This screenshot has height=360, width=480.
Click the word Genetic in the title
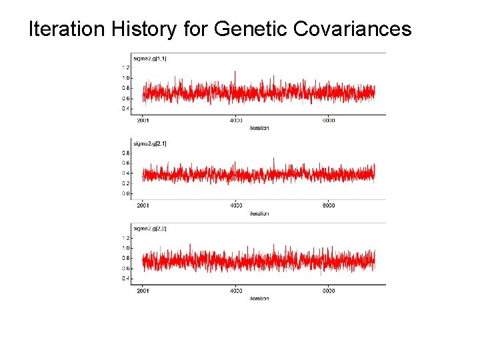pos(253,30)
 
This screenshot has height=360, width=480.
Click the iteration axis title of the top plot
pos(259,128)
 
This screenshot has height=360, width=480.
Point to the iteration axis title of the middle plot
pos(259,213)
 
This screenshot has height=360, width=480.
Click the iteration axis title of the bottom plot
pos(259,299)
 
